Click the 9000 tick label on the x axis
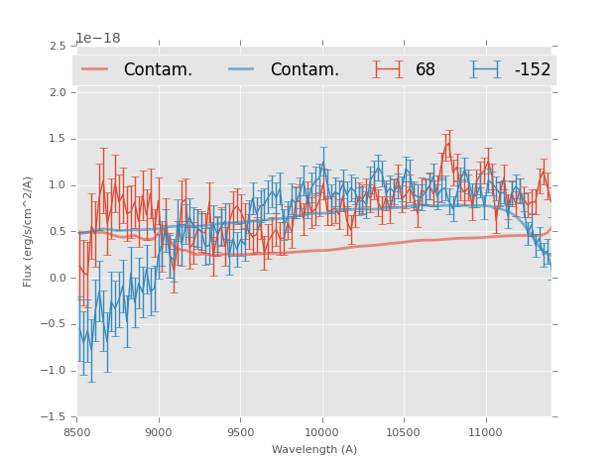point(158,432)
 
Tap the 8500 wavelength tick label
point(76,432)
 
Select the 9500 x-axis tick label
point(239,432)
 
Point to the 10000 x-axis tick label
point(321,432)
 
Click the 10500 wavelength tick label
point(403,432)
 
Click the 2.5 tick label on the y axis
point(58,47)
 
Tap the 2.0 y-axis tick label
point(58,92)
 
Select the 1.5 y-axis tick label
point(58,139)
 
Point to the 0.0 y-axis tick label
point(58,279)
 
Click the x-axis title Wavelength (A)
point(313,449)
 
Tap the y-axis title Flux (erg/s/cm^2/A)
point(29,231)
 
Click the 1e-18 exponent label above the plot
point(98,39)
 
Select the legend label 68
point(426,70)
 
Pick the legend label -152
point(532,70)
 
